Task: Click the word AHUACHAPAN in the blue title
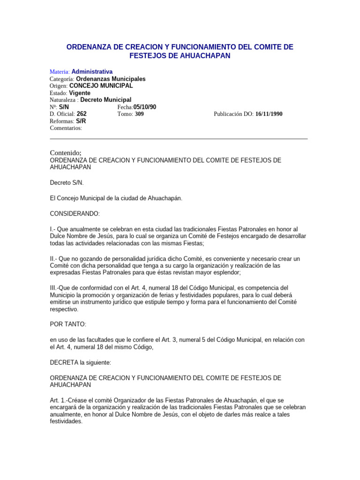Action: pos(205,56)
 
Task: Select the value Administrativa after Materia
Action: pos(92,72)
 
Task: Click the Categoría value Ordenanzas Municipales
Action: pos(111,79)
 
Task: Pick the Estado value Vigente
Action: pos(80,93)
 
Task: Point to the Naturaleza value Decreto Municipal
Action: pos(106,100)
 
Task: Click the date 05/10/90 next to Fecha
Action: pos(145,107)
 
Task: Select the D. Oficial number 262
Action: pos(82,114)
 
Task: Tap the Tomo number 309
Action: pos(139,114)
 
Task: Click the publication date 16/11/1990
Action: pos(269,114)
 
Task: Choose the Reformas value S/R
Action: pos(81,121)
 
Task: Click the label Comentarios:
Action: pos(66,128)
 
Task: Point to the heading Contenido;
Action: pos(66,153)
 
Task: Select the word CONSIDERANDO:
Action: pos(75,214)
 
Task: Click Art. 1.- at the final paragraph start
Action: pos(60,400)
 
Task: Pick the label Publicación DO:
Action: pos(234,114)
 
